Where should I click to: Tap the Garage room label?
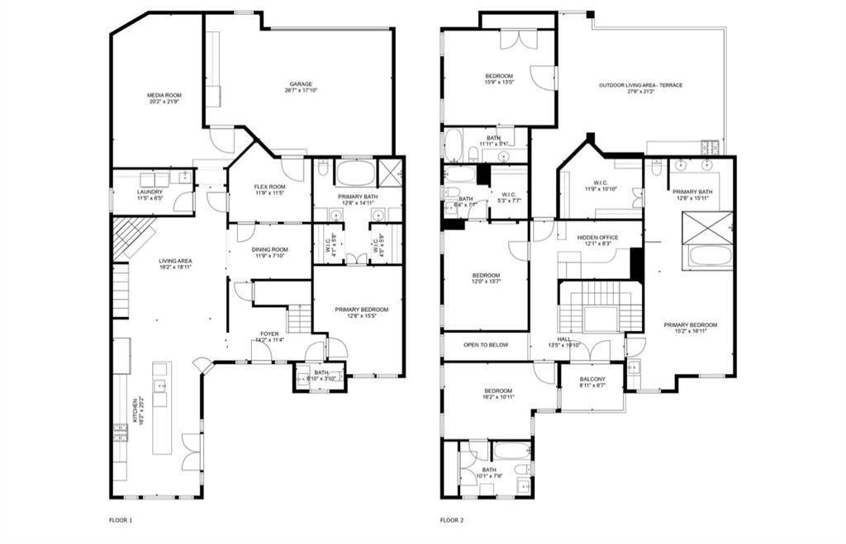[x=301, y=87]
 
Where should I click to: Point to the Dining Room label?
[x=269, y=253]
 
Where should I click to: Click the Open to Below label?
[x=485, y=345]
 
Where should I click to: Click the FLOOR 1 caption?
[x=121, y=520]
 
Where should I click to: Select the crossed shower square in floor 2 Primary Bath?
[x=708, y=227]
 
